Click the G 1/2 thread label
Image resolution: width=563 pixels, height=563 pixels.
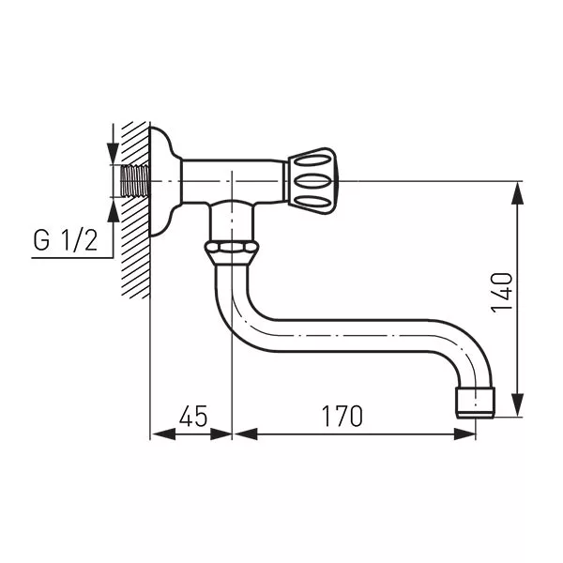pyautogui.click(x=66, y=240)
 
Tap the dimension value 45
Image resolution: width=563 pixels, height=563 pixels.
pyautogui.click(x=193, y=416)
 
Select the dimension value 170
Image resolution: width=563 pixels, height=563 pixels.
pyautogui.click(x=342, y=416)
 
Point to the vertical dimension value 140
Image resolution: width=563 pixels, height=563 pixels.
pyautogui.click(x=502, y=293)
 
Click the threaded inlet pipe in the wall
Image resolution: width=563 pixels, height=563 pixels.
pyautogui.click(x=135, y=181)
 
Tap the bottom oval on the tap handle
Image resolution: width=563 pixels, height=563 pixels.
pyautogui.click(x=312, y=203)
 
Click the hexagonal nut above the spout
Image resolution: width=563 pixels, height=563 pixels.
pyautogui.click(x=232, y=248)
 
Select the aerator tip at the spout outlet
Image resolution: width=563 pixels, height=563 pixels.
pyautogui.click(x=476, y=403)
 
